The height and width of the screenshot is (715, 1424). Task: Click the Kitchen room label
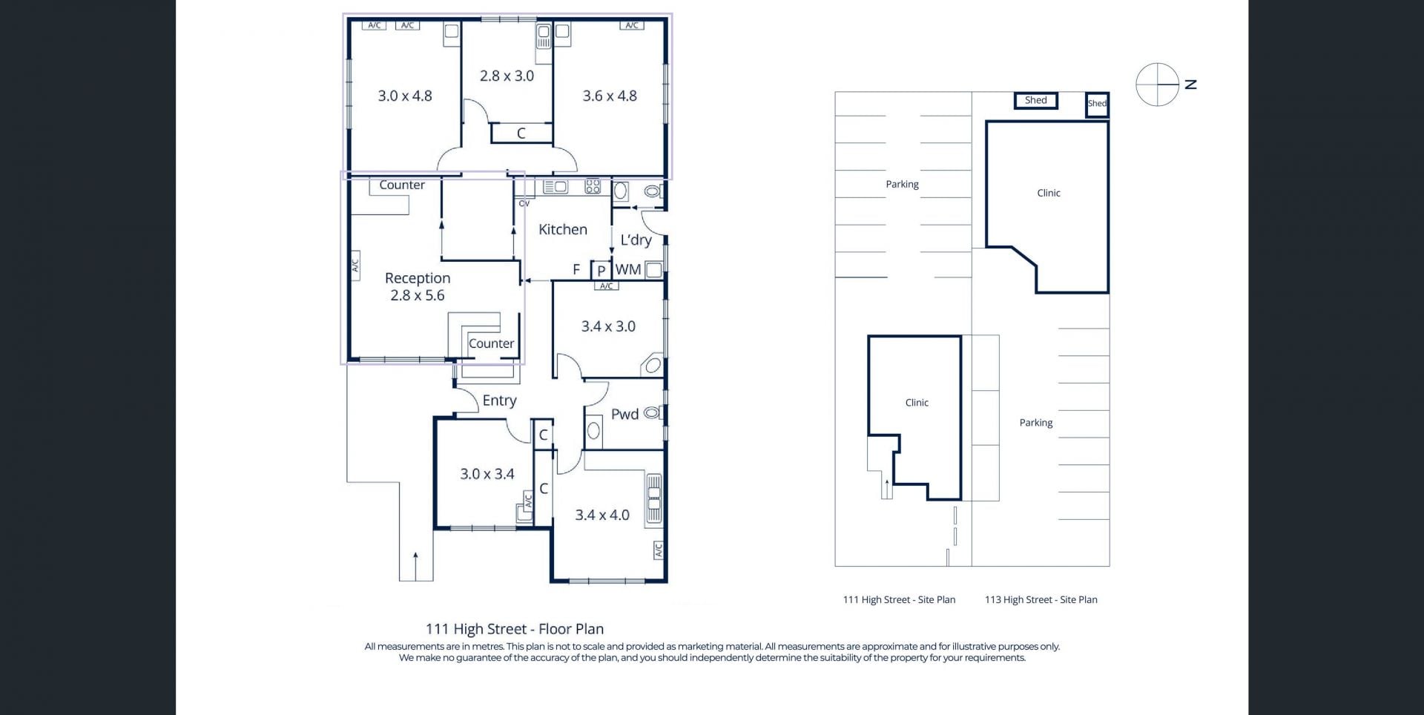click(x=562, y=230)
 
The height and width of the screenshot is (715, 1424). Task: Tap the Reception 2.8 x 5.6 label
click(x=418, y=286)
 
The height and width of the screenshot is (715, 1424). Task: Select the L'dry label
click(x=636, y=240)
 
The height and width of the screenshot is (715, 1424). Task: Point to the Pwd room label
click(x=624, y=415)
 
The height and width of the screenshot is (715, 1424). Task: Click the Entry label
click(x=499, y=401)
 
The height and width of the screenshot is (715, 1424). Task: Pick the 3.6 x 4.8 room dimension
click(x=610, y=96)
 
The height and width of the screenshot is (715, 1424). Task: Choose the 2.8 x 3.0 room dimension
click(x=507, y=76)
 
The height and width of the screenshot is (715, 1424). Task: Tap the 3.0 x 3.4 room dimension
click(x=487, y=474)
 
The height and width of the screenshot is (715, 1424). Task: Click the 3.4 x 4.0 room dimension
click(x=602, y=515)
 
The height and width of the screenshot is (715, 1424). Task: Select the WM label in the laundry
click(x=628, y=270)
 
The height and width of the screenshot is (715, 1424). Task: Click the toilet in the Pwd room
click(x=652, y=412)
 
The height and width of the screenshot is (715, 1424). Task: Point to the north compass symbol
click(x=1157, y=85)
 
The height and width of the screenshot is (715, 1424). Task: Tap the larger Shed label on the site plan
click(x=1036, y=101)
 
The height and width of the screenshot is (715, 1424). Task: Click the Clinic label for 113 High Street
click(x=1049, y=193)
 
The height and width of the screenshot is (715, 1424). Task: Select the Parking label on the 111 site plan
click(x=902, y=185)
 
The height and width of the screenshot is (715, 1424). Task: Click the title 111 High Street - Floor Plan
click(x=515, y=629)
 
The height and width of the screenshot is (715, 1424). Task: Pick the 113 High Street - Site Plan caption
click(x=1041, y=600)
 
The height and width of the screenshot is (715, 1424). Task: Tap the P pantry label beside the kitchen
click(x=601, y=271)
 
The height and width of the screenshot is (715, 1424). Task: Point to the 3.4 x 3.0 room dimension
click(x=608, y=326)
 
